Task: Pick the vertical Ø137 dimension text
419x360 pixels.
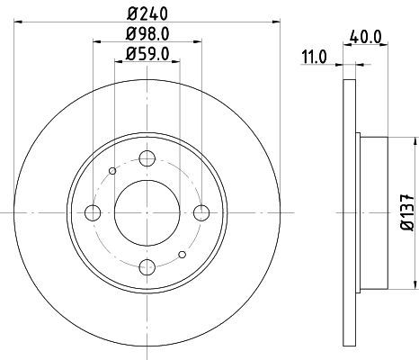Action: click(x=406, y=212)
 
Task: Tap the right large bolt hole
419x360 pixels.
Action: click(x=201, y=212)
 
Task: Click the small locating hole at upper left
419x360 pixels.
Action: click(x=111, y=170)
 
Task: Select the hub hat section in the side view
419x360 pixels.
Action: click(x=373, y=212)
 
